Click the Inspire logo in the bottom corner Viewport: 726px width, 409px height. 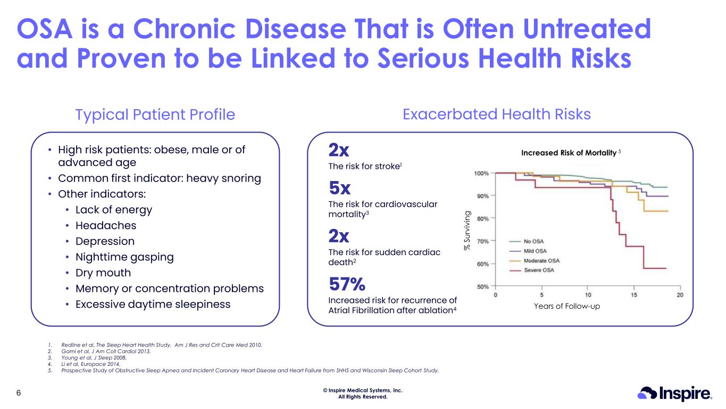point(674,394)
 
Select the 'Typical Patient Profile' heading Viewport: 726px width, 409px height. point(155,114)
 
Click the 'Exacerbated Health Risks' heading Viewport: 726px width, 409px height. point(496,114)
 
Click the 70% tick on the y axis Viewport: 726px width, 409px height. point(483,241)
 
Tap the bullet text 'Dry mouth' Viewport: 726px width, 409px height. point(103,273)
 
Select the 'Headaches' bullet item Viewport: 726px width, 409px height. point(106,225)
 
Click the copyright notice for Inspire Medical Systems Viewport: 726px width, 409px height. point(363,393)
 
